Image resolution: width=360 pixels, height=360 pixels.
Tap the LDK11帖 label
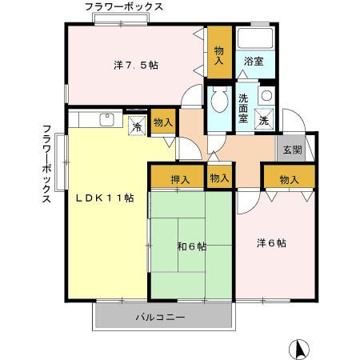pos(104,198)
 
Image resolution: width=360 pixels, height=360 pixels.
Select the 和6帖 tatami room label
pos(191,246)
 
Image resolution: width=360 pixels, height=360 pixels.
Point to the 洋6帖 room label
pos(271,242)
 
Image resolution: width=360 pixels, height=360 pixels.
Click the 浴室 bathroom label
pos(254,61)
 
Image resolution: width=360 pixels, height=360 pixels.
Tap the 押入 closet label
pos(180,178)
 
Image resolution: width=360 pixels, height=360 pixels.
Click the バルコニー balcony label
pos(165,318)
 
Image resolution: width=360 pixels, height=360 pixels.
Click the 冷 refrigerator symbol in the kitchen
pos(137,126)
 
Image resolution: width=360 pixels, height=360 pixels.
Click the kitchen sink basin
pos(106,120)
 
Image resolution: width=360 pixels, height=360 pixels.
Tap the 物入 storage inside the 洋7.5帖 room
pos(218,54)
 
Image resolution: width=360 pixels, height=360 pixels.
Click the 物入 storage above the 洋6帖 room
pos(289,179)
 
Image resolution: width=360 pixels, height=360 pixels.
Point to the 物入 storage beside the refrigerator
pos(162,122)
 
